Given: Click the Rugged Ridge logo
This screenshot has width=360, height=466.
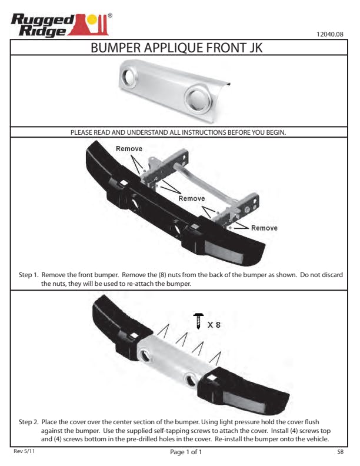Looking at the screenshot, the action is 62,25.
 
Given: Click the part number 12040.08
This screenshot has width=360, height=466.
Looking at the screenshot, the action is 329,34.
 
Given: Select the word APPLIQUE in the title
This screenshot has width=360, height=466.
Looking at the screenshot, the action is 174,48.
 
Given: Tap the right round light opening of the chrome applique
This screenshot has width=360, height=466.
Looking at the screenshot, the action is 198,99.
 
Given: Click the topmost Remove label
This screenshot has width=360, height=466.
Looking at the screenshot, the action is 129,149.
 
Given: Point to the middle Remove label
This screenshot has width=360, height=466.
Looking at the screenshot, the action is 192,198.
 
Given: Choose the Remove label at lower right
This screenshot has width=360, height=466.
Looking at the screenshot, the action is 264,228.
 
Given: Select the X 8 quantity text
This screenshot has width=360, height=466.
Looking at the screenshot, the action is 214,325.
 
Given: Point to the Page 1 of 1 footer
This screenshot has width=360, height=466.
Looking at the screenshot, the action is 186,452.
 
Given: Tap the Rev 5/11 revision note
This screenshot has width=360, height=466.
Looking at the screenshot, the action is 24,451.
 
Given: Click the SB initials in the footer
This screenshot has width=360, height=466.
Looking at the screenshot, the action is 341,452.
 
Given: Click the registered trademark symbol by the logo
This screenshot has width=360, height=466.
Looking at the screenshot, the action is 110,15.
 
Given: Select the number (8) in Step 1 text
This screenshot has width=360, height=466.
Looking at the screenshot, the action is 162,275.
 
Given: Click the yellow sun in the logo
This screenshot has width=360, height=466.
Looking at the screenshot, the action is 92,19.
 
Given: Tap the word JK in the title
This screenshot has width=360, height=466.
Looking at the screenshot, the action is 256,48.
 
